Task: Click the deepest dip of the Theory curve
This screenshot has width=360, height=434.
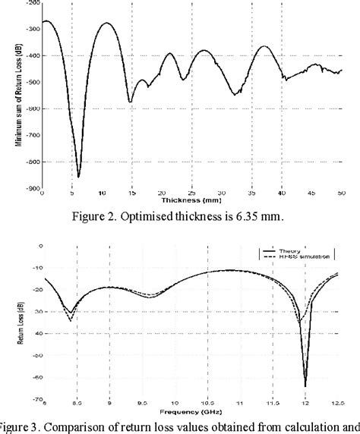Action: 305,386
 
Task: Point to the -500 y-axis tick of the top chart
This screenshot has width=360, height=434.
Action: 33,82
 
